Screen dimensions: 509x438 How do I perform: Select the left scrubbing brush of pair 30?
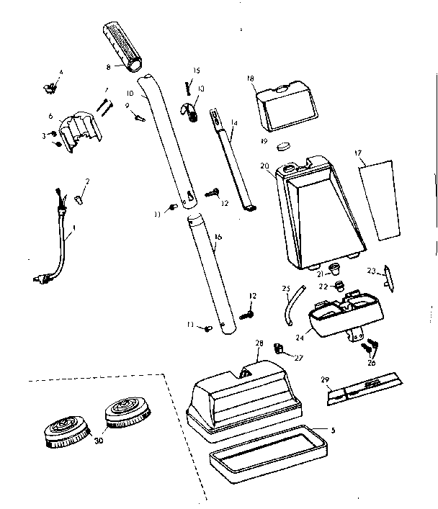coord(66,430)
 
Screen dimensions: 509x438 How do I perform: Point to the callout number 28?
coord(259,344)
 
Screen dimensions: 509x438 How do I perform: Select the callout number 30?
coord(98,440)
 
